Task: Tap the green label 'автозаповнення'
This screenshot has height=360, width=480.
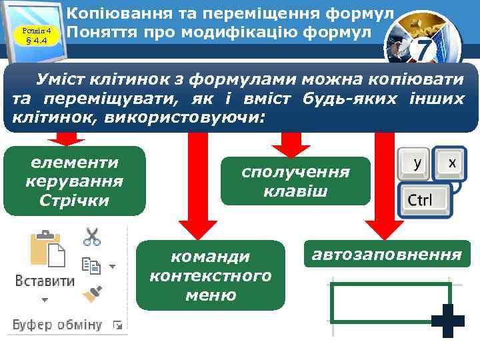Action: (x=387, y=254)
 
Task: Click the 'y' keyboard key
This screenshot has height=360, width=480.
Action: (x=417, y=163)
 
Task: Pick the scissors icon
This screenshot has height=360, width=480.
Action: (x=91, y=237)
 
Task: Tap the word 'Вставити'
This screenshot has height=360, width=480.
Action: (x=45, y=281)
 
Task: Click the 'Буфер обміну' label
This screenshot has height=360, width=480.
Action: (x=57, y=325)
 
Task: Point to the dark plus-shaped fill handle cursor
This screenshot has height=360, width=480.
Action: (x=447, y=321)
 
